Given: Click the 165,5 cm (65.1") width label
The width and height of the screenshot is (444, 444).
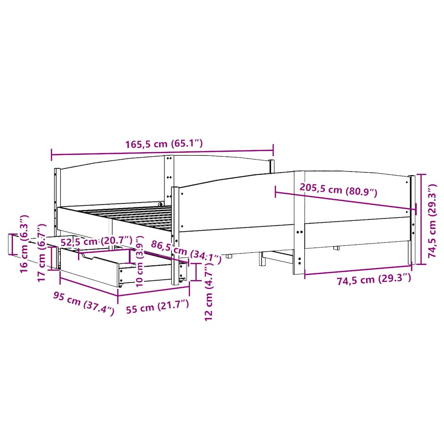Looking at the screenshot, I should (x=164, y=144).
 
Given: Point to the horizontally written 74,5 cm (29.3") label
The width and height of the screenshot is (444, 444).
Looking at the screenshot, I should (x=374, y=280).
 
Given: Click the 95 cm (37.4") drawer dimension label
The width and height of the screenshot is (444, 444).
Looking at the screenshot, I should (x=83, y=303).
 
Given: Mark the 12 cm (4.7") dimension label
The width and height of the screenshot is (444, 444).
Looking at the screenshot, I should (x=209, y=300).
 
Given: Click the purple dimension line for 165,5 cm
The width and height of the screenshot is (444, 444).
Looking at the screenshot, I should (x=162, y=153).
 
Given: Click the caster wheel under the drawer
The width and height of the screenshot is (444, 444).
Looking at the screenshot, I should (x=120, y=285).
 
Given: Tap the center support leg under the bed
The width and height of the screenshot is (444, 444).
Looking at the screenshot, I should (x=261, y=259).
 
